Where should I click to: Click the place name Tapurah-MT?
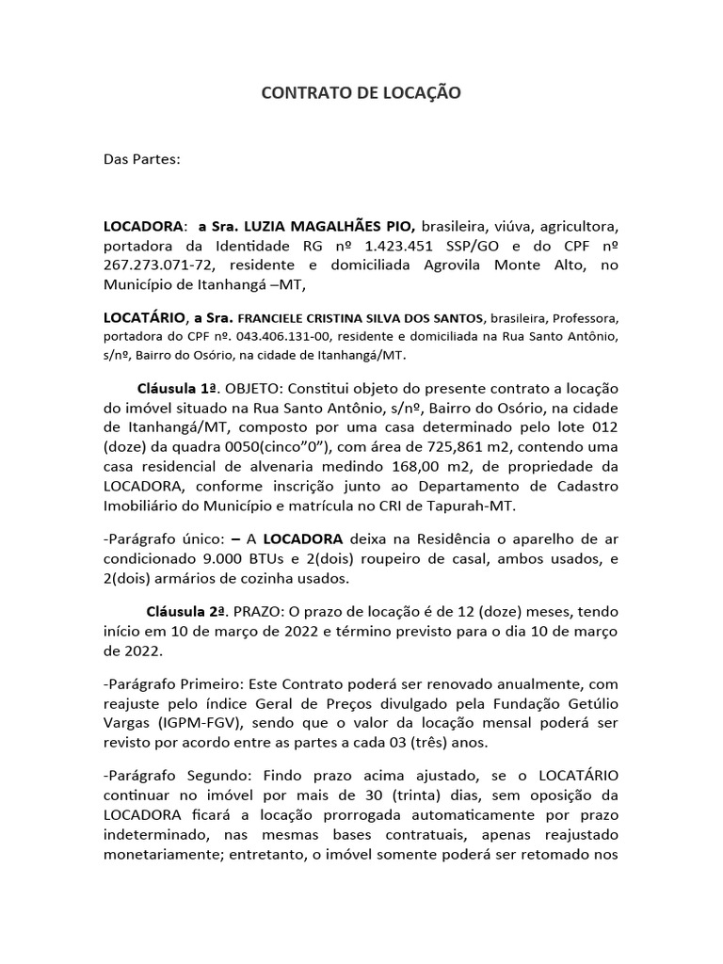pyautogui.click(x=476, y=506)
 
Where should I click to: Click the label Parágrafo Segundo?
pyautogui.click(x=169, y=773)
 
